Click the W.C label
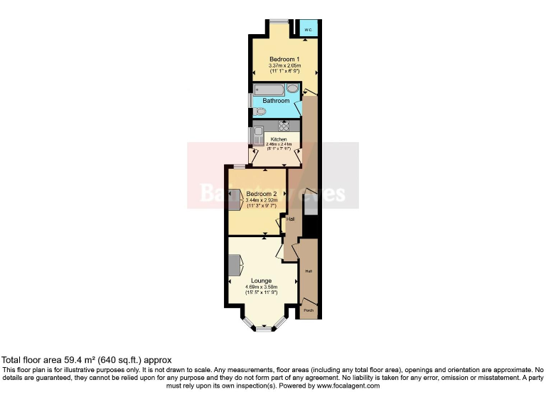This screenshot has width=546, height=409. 308,31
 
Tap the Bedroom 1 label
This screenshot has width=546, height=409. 284,58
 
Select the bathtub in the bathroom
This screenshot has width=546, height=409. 270,89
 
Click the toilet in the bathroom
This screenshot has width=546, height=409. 261,111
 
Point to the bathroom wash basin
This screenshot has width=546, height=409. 292,89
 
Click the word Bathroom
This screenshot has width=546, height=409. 276,101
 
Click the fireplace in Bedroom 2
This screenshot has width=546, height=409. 234,196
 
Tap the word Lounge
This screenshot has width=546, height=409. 261,281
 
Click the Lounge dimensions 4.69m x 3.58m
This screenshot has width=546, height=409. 261,288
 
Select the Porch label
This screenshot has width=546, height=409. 309,311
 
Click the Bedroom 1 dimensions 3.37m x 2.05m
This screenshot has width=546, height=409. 284,66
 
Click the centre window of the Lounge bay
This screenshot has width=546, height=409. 264,329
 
